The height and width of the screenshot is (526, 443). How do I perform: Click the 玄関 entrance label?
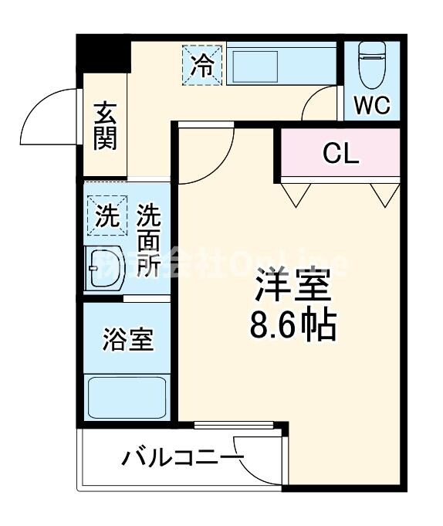pyautogui.click(x=106, y=126)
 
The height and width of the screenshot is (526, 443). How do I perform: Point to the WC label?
pyautogui.click(x=372, y=106)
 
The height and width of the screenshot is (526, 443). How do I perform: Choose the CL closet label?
pyautogui.click(x=340, y=153)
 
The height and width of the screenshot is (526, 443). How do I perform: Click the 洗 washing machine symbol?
pyautogui.click(x=107, y=214)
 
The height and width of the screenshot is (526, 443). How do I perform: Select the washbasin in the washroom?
pyautogui.click(x=105, y=270)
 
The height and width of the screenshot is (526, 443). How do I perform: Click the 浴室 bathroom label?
pyautogui.click(x=127, y=339)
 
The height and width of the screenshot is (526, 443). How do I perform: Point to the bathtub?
pyautogui.click(x=127, y=397)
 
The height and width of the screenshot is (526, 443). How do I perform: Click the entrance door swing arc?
pyautogui.click(x=48, y=116)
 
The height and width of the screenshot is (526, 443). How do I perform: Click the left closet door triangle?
pyautogui.click(x=294, y=193)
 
